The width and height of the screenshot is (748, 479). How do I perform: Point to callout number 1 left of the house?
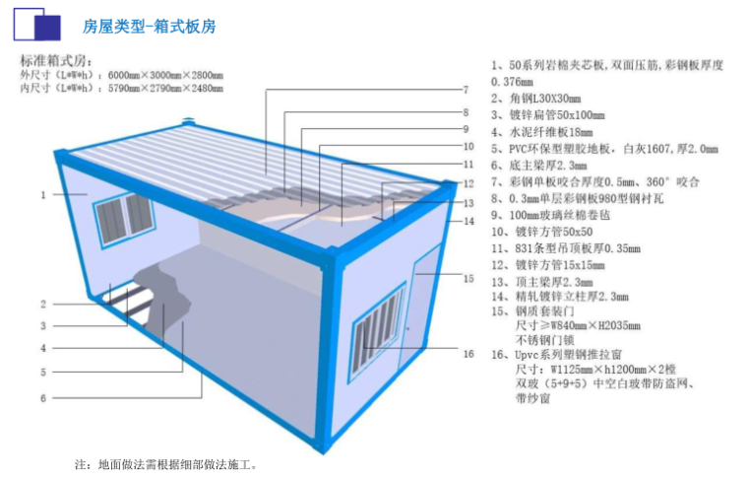(x=43, y=194)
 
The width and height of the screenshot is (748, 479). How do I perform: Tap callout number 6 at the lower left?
(x=43, y=397)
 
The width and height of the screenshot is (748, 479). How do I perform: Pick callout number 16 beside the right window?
(x=468, y=353)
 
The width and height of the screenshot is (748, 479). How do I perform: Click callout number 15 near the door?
(x=468, y=279)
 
